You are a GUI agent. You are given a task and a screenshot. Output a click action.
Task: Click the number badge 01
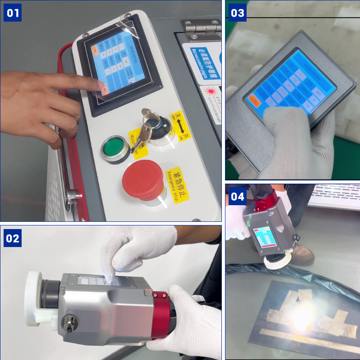point(13,13)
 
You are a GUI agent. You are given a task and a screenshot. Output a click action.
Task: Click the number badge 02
point(13,238)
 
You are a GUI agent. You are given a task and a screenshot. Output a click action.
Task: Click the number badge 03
point(238,13)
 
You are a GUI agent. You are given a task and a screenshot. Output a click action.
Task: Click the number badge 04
point(238,197)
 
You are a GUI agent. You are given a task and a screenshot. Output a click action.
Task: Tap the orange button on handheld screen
point(255,102)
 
